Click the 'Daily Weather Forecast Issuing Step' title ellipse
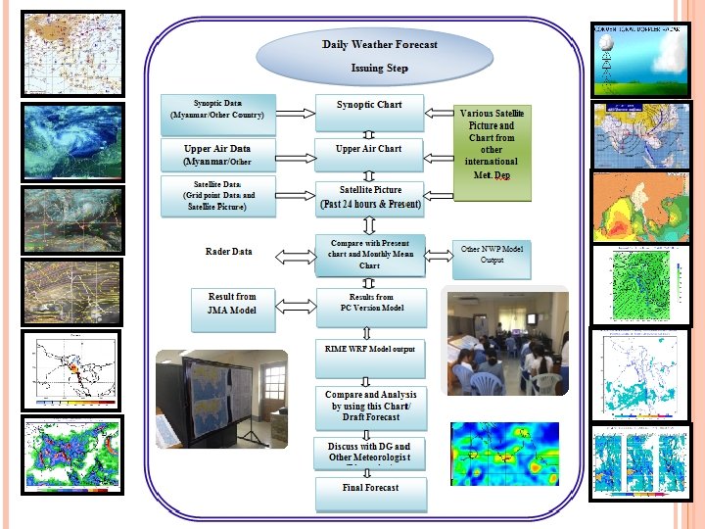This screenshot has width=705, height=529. coord(380,56)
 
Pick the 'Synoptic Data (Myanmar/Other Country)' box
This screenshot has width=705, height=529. coord(218,110)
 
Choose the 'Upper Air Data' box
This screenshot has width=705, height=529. coord(218,155)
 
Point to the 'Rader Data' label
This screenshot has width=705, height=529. coord(229,252)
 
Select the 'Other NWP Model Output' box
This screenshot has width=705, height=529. coord(492,255)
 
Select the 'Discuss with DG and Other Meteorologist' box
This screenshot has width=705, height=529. coord(371,454)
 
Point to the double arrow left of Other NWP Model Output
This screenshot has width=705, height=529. coord(439,254)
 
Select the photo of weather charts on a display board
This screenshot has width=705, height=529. coord(221,399)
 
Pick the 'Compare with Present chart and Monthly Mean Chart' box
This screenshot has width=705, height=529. coord(371,255)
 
